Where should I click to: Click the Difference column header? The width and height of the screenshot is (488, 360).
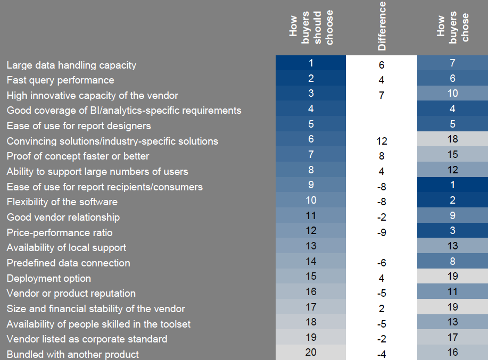[382, 27]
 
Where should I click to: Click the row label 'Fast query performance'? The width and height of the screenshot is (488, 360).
[60, 80]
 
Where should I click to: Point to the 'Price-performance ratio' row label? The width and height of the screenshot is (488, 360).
[59, 232]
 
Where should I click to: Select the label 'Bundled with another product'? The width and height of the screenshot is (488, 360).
[72, 354]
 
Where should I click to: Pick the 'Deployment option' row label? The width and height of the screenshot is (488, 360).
[48, 278]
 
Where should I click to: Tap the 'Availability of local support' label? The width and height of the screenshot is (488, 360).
[66, 248]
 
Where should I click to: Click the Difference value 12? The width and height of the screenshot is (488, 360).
[381, 141]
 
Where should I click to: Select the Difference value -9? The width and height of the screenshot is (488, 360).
[381, 233]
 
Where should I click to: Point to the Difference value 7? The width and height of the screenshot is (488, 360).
[381, 96]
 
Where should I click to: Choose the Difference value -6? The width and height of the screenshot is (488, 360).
[381, 263]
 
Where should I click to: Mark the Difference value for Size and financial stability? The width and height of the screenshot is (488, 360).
[381, 309]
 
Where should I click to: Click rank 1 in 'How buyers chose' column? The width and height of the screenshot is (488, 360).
[452, 185]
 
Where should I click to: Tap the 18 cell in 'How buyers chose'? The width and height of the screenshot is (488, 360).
[452, 139]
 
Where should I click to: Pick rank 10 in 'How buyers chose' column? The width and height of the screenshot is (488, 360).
[452, 93]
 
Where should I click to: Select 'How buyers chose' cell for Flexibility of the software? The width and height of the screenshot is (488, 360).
[452, 200]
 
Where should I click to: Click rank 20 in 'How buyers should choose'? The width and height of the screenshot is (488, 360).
[311, 352]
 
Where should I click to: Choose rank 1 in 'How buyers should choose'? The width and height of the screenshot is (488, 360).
[311, 63]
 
